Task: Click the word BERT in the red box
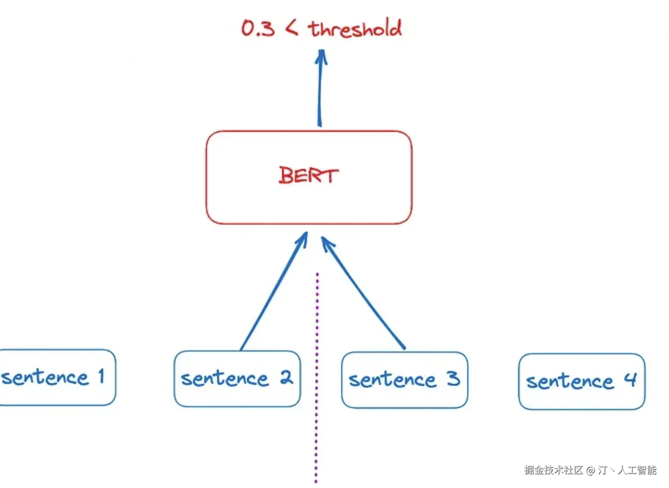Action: (308, 175)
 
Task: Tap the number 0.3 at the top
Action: (258, 28)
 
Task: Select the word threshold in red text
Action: (355, 28)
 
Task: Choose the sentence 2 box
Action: (237, 378)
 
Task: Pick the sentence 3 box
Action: (405, 380)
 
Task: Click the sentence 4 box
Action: (582, 381)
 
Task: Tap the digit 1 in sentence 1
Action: (102, 376)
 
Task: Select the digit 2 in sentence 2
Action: (286, 377)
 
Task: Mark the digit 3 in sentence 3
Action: (453, 378)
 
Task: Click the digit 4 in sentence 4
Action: (630, 380)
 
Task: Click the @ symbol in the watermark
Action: (590, 470)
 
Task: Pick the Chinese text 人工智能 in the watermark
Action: (637, 470)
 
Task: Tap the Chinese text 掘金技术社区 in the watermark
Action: (554, 470)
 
